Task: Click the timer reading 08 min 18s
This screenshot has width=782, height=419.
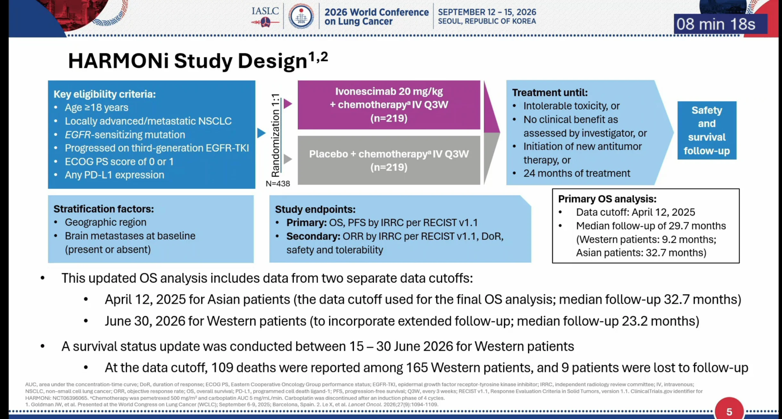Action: point(716,24)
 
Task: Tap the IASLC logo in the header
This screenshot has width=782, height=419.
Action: point(265,16)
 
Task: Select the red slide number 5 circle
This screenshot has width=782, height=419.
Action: point(729,409)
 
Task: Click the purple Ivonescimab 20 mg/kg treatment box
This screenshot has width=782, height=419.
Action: point(389,105)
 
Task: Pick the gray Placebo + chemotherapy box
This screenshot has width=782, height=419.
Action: point(389,160)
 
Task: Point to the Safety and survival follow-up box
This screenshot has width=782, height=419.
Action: point(707,130)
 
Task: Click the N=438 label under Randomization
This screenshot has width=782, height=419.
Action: point(278,184)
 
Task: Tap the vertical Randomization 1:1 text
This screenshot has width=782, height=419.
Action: point(275,135)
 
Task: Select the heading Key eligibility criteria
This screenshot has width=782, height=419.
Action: point(104,94)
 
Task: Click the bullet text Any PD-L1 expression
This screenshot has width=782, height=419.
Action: point(114,175)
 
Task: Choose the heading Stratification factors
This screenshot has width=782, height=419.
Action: point(104,209)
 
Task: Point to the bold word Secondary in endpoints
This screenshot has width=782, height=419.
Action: point(313,236)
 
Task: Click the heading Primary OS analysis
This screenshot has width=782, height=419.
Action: point(607,199)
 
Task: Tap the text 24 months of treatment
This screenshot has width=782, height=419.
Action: point(577,173)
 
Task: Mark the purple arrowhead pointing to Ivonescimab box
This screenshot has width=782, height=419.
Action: point(288,104)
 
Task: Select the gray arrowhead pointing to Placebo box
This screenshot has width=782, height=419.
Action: point(288,159)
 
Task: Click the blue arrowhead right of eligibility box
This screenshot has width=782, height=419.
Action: point(261,133)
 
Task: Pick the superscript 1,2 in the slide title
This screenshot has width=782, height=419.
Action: point(318,57)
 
